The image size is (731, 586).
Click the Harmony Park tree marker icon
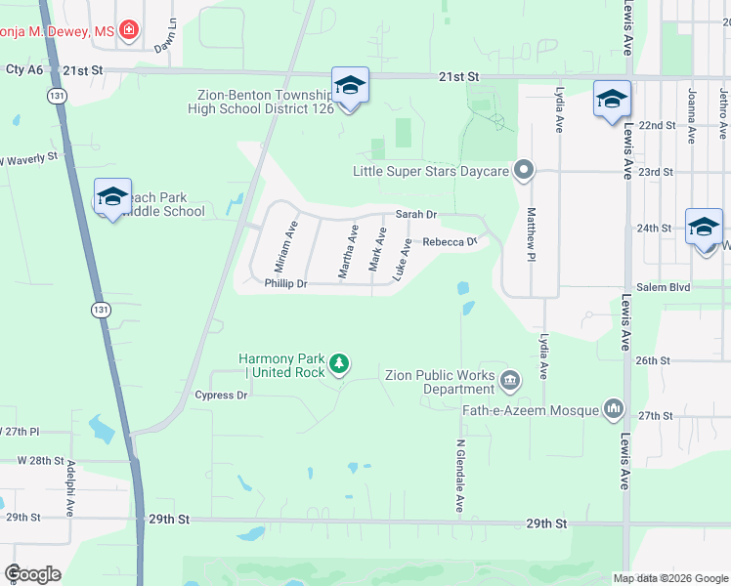click(x=339, y=364)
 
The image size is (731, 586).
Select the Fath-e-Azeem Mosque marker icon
click(x=614, y=406)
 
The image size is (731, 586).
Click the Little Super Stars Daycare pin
click(x=524, y=171)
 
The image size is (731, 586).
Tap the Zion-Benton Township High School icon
click(x=350, y=86)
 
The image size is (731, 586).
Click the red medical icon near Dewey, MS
click(x=128, y=32)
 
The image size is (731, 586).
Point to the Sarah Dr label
click(x=415, y=214)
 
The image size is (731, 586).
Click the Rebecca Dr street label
click(x=449, y=242)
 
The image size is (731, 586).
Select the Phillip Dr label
click(x=285, y=284)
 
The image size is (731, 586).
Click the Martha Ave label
click(x=347, y=252)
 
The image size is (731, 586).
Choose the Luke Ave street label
click(x=401, y=261)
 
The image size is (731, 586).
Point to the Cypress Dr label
click(x=221, y=396)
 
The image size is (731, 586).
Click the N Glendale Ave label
click(x=458, y=476)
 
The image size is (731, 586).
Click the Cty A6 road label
click(x=24, y=69)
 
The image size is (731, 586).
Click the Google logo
click(x=32, y=574)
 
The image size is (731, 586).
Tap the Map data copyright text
click(x=669, y=577)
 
